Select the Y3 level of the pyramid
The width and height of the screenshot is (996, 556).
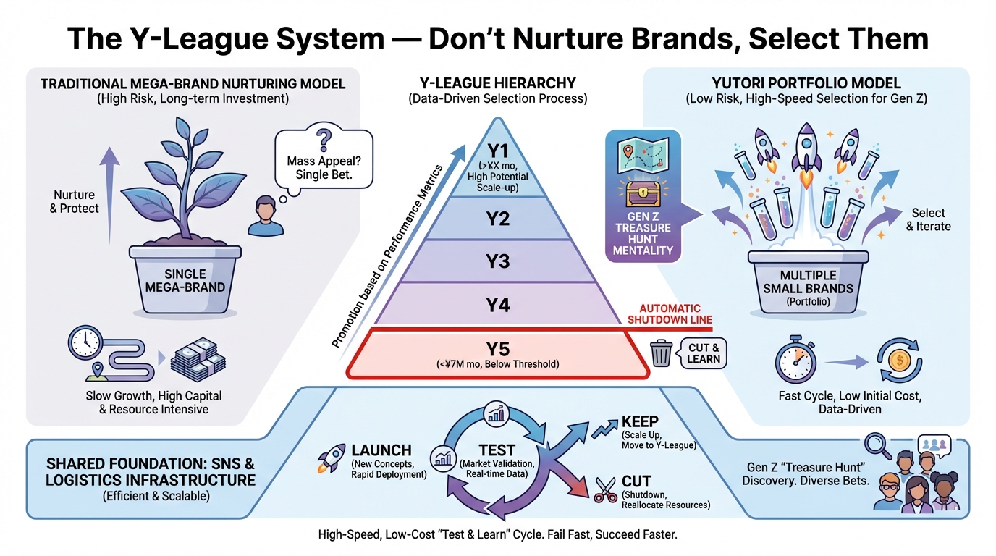[497, 261]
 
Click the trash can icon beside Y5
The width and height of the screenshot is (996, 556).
[662, 353]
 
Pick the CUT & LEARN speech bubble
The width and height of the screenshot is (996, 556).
[704, 353]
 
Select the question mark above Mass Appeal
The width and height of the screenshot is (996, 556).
[324, 138]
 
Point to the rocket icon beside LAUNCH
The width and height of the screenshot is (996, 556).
[330, 456]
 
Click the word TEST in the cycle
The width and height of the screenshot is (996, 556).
[497, 450]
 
